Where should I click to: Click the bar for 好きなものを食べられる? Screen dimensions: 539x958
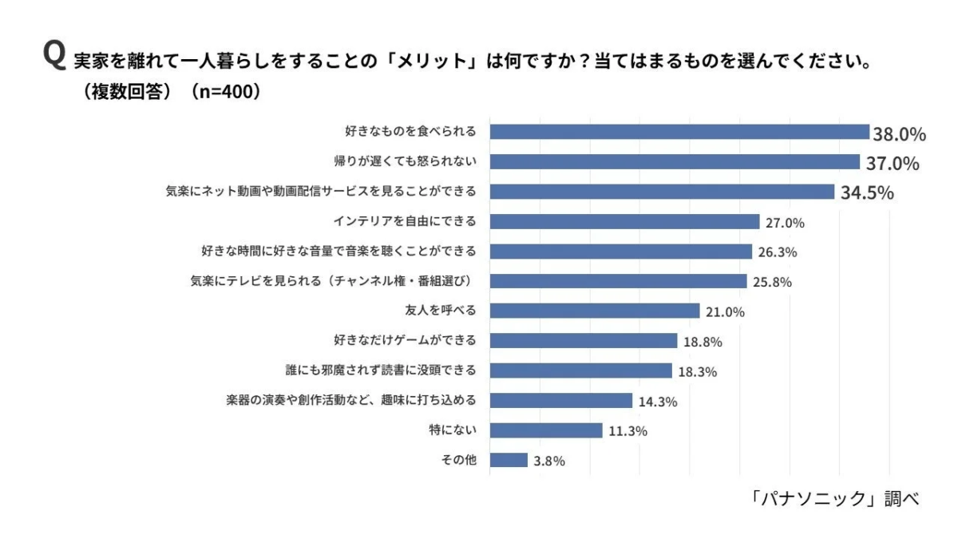(679, 132)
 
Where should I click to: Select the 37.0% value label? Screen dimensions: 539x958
(893, 163)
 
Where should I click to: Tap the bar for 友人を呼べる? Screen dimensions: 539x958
(594, 311)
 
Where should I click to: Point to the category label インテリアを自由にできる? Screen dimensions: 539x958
(404, 221)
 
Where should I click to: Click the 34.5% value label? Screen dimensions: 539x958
(866, 192)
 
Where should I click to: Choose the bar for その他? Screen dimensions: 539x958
(509, 460)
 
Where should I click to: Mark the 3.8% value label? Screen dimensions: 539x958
(549, 462)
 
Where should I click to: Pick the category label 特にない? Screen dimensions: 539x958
(453, 430)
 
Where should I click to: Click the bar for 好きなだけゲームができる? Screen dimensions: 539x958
(583, 341)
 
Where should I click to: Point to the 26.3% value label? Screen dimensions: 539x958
(778, 252)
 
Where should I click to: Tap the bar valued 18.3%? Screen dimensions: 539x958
(580, 371)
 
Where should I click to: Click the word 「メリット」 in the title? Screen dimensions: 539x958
(442, 61)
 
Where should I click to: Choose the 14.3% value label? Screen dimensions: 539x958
(658, 402)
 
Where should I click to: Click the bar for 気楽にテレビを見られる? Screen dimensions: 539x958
(618, 281)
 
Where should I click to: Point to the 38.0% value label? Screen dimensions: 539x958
(899, 133)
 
